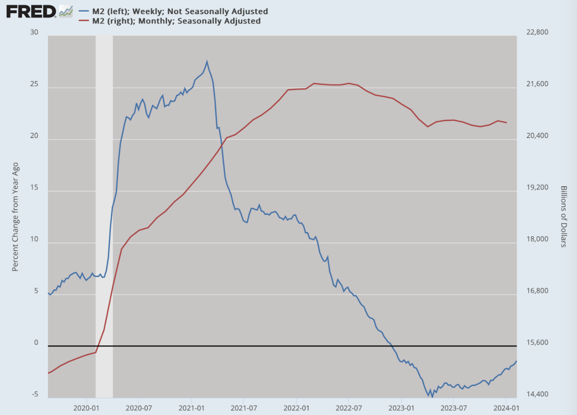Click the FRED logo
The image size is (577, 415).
(x=31, y=12)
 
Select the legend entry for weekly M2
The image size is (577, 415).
(x=173, y=12)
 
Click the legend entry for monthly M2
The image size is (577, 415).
(x=169, y=21)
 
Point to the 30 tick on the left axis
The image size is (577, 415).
(x=34, y=32)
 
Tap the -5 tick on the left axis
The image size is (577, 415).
(x=35, y=394)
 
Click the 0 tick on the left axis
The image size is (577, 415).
(x=36, y=342)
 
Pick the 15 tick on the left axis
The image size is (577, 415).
(x=34, y=187)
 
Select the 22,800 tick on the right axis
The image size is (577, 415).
(x=538, y=32)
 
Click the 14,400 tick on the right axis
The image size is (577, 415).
(x=538, y=394)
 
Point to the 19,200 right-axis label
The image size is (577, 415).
(x=538, y=187)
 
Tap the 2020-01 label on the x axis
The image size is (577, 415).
(x=86, y=408)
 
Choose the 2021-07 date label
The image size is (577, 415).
(x=244, y=408)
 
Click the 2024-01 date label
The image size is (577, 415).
(x=506, y=408)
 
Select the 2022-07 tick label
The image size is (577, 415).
(x=349, y=408)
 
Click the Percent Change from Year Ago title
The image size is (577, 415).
(x=15, y=217)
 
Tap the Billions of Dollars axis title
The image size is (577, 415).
(x=564, y=216)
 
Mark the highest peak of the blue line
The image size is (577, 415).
(x=207, y=61)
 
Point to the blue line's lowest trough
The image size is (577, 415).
(x=432, y=397)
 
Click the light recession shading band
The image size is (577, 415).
(x=104, y=217)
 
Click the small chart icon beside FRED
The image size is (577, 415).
(x=66, y=12)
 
